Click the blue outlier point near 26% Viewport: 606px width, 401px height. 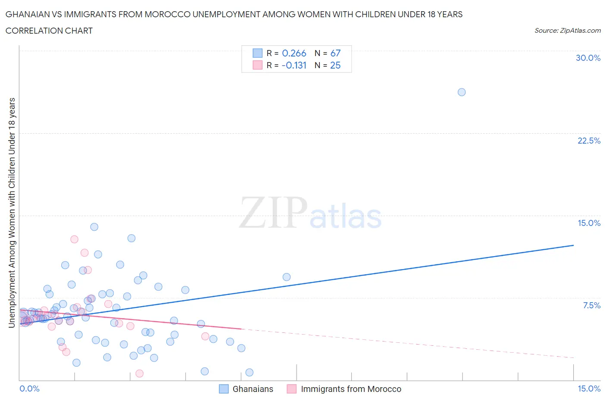pos(461,92)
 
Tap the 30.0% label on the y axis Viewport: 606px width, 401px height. pos(588,58)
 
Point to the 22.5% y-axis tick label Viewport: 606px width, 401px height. pos(589,141)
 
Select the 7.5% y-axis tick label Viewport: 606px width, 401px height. pos(591,305)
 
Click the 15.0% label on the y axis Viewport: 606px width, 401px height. pos(589,223)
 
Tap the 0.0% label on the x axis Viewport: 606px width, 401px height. pos(30,388)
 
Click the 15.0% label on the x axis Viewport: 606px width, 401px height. pos(589,388)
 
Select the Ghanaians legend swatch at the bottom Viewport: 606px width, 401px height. pos(224,389)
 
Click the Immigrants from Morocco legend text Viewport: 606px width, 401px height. pos(351,389)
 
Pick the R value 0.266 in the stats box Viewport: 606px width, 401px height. pos(294,53)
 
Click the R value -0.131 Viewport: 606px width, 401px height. pos(294,65)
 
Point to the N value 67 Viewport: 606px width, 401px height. pos(335,53)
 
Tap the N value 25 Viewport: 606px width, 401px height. pos(335,65)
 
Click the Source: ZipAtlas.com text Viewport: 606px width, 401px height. pos(567,30)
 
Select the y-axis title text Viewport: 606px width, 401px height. pos(12,213)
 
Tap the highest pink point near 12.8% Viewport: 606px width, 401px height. pos(74,239)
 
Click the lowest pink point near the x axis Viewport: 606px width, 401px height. pos(139,373)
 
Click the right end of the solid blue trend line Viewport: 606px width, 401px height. pos(573,245)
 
